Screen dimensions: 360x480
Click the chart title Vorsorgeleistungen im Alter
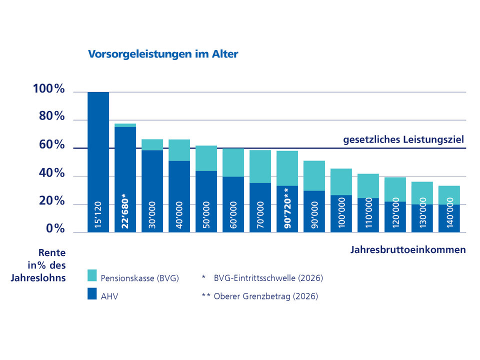(x=163, y=54)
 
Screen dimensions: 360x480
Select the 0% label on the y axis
(x=55, y=229)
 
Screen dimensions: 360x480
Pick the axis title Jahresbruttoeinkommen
(x=408, y=250)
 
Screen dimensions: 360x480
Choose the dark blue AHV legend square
(x=92, y=295)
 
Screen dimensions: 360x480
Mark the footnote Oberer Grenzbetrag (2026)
(x=265, y=296)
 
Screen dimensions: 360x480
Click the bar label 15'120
(x=98, y=215)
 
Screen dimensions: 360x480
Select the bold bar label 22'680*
(x=125, y=212)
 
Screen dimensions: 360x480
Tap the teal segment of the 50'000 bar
(x=206, y=158)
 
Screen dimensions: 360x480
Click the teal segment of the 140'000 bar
(x=449, y=195)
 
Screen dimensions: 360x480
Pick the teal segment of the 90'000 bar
(x=314, y=175)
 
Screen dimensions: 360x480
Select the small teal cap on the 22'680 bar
(x=125, y=125)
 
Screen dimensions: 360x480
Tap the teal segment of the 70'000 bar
(x=260, y=166)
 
